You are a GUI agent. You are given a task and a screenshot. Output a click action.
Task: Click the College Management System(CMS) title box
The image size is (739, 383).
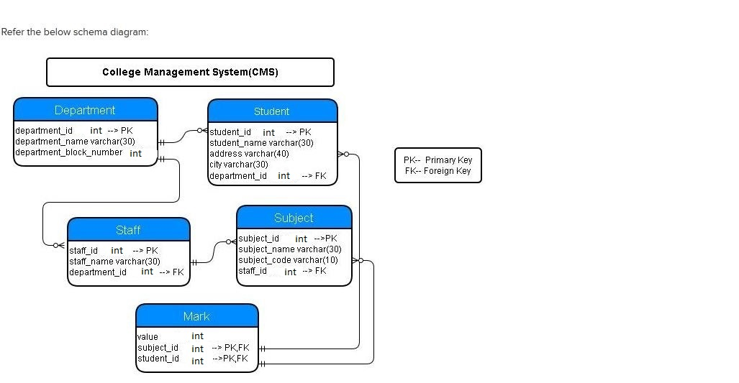pyautogui.click(x=190, y=72)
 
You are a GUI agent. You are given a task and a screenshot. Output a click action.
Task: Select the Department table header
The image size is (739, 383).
pyautogui.click(x=86, y=110)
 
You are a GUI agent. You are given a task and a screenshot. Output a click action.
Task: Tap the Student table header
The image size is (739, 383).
pyautogui.click(x=273, y=111)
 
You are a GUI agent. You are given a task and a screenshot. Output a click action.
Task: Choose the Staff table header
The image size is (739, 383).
pyautogui.click(x=129, y=230)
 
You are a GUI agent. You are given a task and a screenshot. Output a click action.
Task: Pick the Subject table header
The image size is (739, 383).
pyautogui.click(x=294, y=218)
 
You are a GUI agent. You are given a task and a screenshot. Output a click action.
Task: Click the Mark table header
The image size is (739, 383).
pyautogui.click(x=197, y=315)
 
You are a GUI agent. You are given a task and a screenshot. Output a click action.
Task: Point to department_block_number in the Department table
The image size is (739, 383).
pyautogui.click(x=69, y=152)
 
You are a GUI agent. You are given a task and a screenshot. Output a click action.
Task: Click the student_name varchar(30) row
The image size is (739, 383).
pyautogui.click(x=262, y=142)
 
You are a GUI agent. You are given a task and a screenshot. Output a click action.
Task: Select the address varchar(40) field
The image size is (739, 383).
pyautogui.click(x=249, y=153)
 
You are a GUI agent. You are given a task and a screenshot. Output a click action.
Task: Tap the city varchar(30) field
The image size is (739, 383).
pyautogui.click(x=239, y=165)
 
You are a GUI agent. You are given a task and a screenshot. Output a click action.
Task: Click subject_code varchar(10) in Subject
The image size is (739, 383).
pyautogui.click(x=288, y=259)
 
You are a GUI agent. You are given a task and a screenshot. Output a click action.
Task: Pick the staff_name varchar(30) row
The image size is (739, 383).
pyautogui.click(x=114, y=261)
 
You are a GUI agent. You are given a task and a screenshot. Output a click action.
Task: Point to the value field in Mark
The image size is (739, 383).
pyautogui.click(x=148, y=336)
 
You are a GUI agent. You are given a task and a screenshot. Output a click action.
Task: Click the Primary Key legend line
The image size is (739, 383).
pyautogui.click(x=437, y=160)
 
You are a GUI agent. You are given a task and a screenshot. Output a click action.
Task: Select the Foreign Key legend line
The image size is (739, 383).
pyautogui.click(x=437, y=171)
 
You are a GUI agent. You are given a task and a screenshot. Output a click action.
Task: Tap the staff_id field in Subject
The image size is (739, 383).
pyautogui.click(x=253, y=271)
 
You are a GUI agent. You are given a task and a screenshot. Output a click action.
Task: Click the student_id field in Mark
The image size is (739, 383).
pyautogui.click(x=158, y=359)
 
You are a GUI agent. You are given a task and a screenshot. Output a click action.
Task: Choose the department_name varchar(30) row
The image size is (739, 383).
pyautogui.click(x=75, y=141)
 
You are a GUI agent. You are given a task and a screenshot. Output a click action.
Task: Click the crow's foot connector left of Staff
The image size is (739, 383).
pyautogui.click(x=59, y=245)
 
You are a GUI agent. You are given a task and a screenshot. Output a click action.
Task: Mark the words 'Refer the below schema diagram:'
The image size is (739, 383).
pyautogui.click(x=74, y=32)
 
